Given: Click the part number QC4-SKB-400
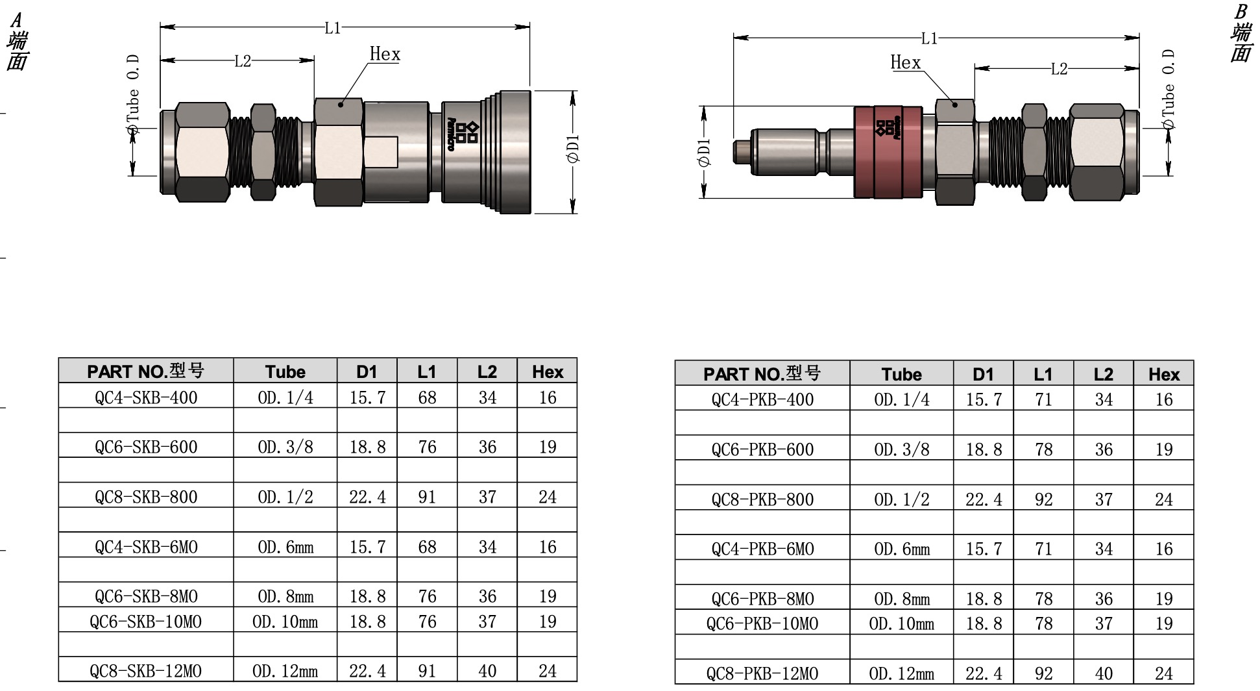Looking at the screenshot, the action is point(146,397).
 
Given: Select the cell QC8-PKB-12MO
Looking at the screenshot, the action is point(762,673).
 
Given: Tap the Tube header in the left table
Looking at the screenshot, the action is point(285,371).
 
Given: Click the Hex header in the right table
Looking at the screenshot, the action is point(1164,374).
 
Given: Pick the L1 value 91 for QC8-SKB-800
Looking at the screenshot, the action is point(427,497).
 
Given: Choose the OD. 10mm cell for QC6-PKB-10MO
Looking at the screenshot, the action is point(902,623).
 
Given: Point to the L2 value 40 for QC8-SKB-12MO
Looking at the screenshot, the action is point(487,671).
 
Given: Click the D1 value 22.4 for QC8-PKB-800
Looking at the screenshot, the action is point(984,499).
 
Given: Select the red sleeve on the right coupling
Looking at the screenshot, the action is point(888,151).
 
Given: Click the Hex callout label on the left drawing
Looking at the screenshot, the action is point(385,54).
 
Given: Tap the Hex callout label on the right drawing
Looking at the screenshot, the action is point(906,62).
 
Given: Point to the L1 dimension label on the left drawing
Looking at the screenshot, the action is point(332,28).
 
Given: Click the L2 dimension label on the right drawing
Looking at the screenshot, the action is point(1059,69).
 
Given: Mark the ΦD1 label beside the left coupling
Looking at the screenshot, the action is point(573,149).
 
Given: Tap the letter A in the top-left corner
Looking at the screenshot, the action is point(16,19).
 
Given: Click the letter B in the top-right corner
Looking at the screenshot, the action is point(1241,12).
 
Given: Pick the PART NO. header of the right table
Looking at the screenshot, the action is point(762,374).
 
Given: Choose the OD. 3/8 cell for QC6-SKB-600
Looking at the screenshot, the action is point(285,447).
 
